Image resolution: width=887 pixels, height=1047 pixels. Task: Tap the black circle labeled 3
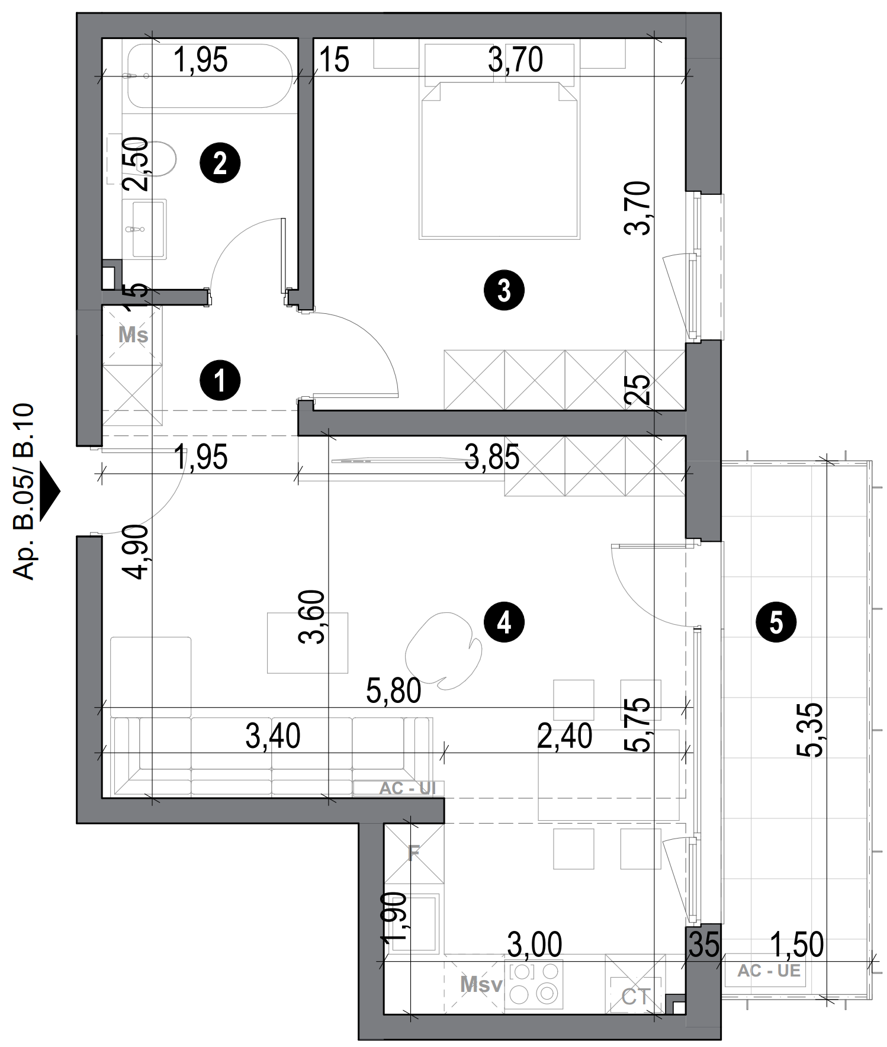coord(504,291)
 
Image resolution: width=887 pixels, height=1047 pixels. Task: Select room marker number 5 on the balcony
coord(776,623)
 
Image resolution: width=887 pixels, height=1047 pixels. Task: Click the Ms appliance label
coord(133,335)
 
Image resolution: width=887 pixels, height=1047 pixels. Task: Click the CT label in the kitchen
coord(636,997)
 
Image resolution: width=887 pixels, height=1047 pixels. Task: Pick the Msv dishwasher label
coord(481,985)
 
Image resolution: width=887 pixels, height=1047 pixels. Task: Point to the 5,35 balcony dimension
coord(810,730)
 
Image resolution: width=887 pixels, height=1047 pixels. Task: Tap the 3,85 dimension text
coord(491,457)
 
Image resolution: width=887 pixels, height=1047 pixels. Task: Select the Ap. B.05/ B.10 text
coord(25,492)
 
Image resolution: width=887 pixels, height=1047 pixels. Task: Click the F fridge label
coord(414,853)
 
